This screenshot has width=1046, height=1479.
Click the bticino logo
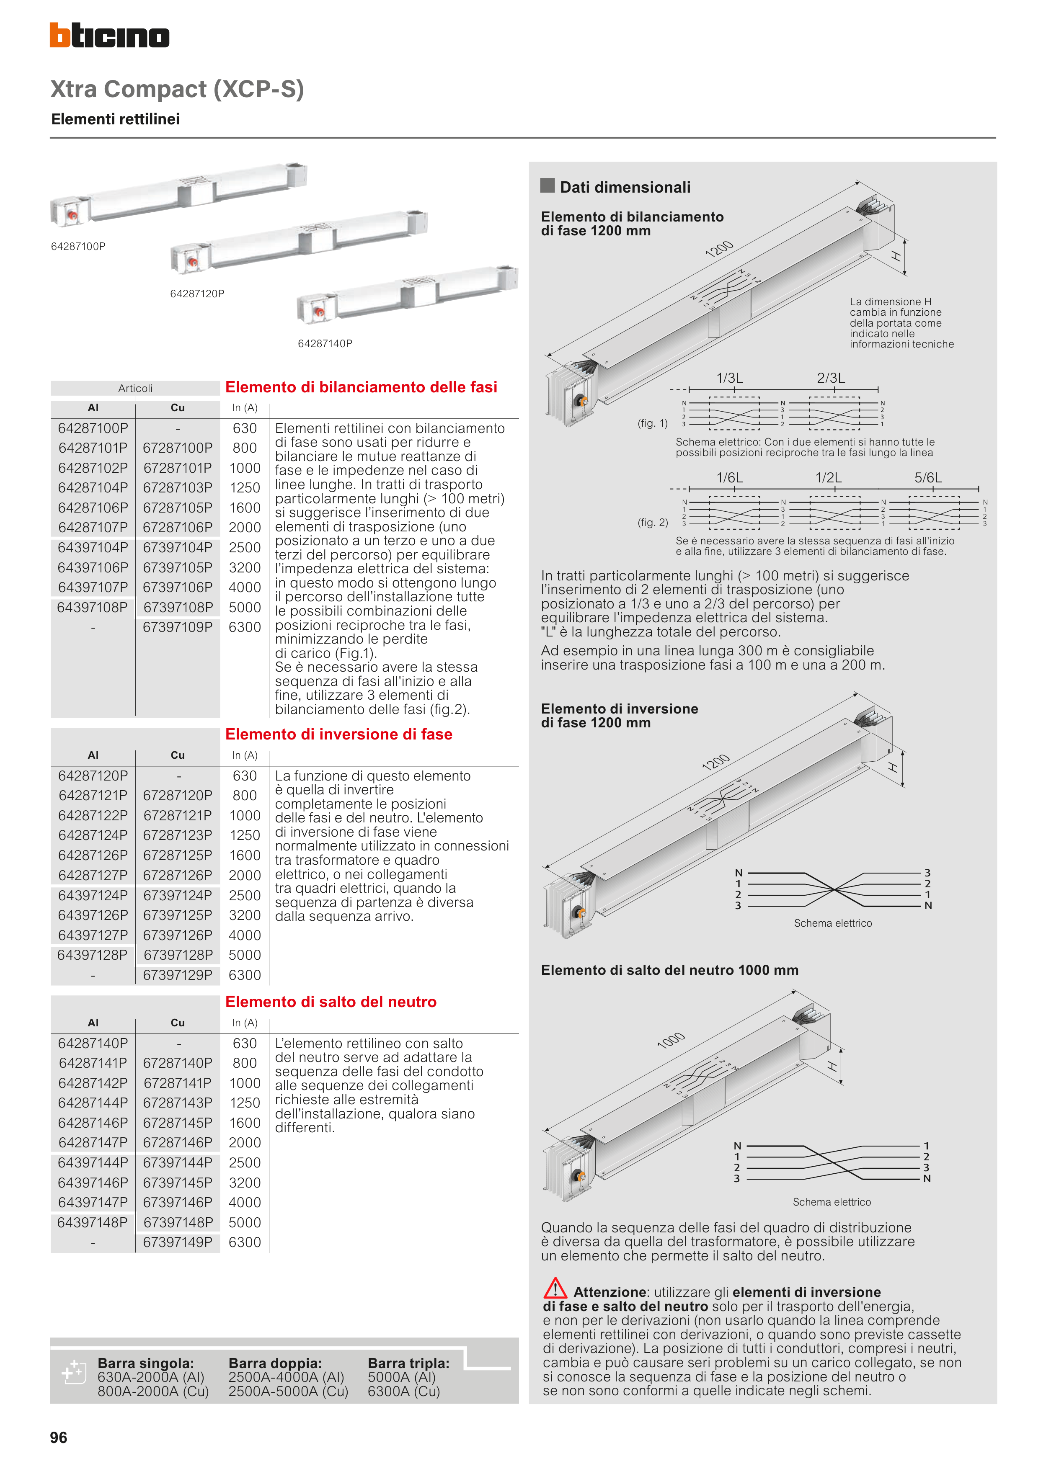(x=110, y=36)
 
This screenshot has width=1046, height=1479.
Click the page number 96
(x=59, y=1437)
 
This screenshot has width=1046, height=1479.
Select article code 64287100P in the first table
(x=93, y=428)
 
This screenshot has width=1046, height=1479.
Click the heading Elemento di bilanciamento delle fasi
(x=361, y=387)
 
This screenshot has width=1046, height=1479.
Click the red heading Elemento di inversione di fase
(x=338, y=734)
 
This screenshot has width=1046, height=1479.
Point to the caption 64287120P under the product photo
(x=197, y=294)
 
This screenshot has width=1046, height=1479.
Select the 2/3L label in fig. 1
(x=831, y=378)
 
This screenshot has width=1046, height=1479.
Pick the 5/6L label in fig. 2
(x=928, y=477)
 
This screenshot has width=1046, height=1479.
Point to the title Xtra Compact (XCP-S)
(x=177, y=89)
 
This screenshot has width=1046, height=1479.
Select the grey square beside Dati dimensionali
(x=547, y=186)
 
